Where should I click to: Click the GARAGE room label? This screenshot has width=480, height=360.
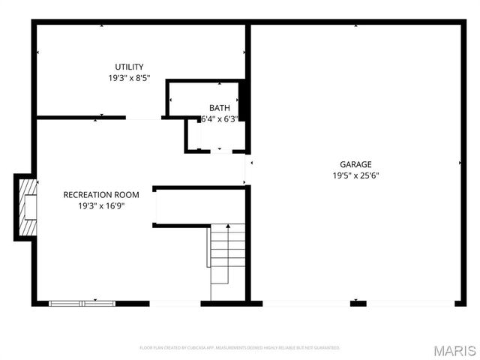tap(355, 164)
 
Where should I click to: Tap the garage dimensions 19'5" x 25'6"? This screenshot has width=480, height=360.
tap(355, 175)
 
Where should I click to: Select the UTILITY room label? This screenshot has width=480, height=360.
tap(129, 67)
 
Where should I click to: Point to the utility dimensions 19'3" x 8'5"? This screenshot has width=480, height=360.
tap(129, 78)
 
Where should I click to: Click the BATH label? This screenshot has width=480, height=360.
tap(219, 108)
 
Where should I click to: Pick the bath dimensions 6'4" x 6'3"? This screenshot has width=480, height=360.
tap(219, 118)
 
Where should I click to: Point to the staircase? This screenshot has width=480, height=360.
tap(226, 255)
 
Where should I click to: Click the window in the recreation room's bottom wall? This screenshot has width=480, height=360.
tap(82, 303)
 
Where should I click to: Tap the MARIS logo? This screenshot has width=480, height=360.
tap(454, 349)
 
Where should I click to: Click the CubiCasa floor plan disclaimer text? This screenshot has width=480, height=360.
tap(240, 348)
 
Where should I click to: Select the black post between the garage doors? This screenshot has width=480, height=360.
tap(358, 303)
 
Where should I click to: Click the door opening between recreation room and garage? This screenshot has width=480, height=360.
tap(247, 171)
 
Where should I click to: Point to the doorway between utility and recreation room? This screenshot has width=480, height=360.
tap(143, 118)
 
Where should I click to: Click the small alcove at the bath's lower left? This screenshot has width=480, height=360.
tap(193, 135)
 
